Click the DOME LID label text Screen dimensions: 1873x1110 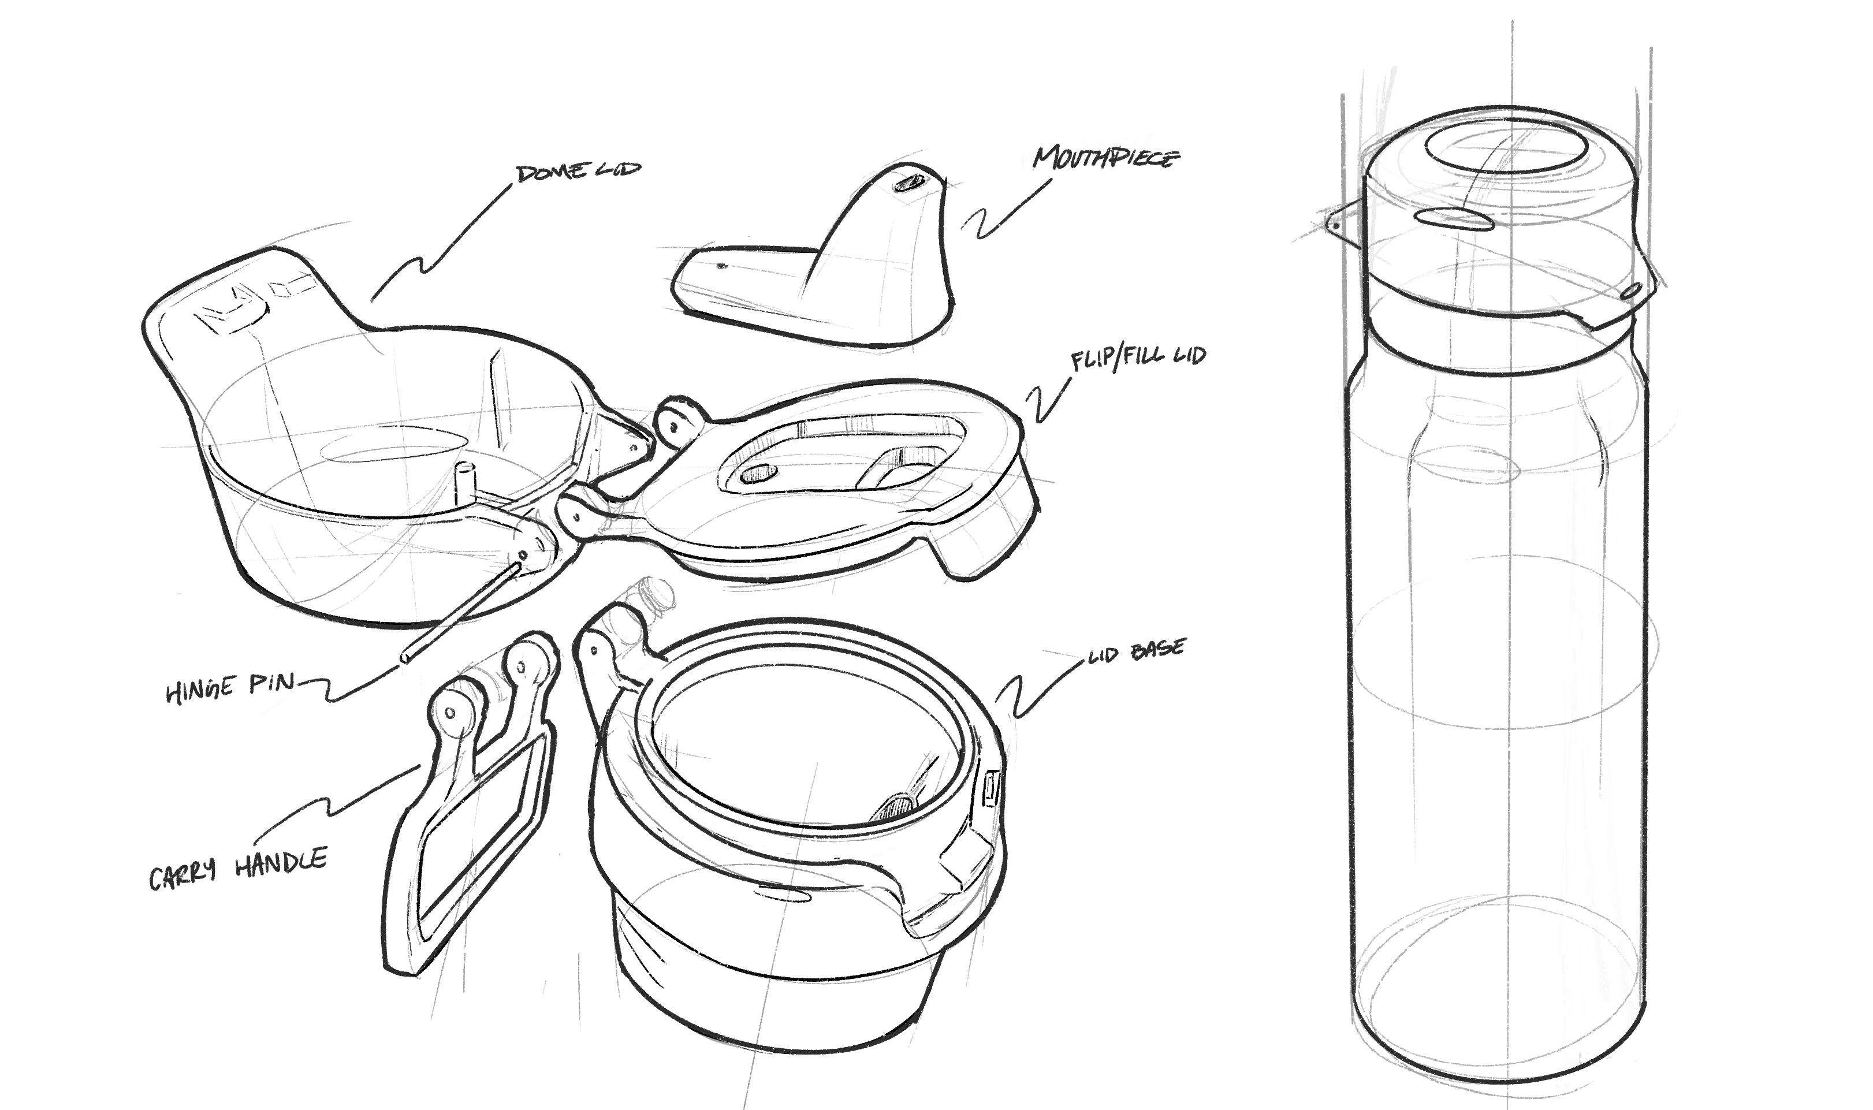coord(578,172)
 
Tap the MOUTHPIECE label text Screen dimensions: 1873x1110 coord(1105,158)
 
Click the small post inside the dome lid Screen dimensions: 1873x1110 coord(464,486)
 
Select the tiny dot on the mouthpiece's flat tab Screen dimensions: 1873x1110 coord(722,266)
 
